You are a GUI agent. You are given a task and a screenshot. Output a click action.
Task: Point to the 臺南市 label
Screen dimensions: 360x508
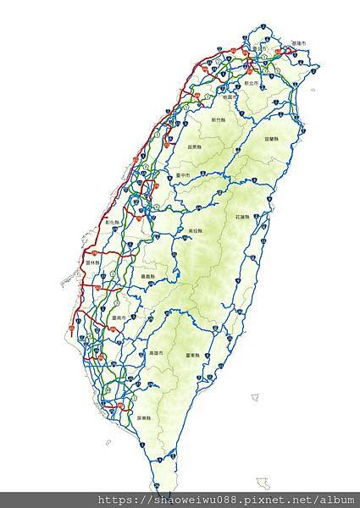tap(119, 319)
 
